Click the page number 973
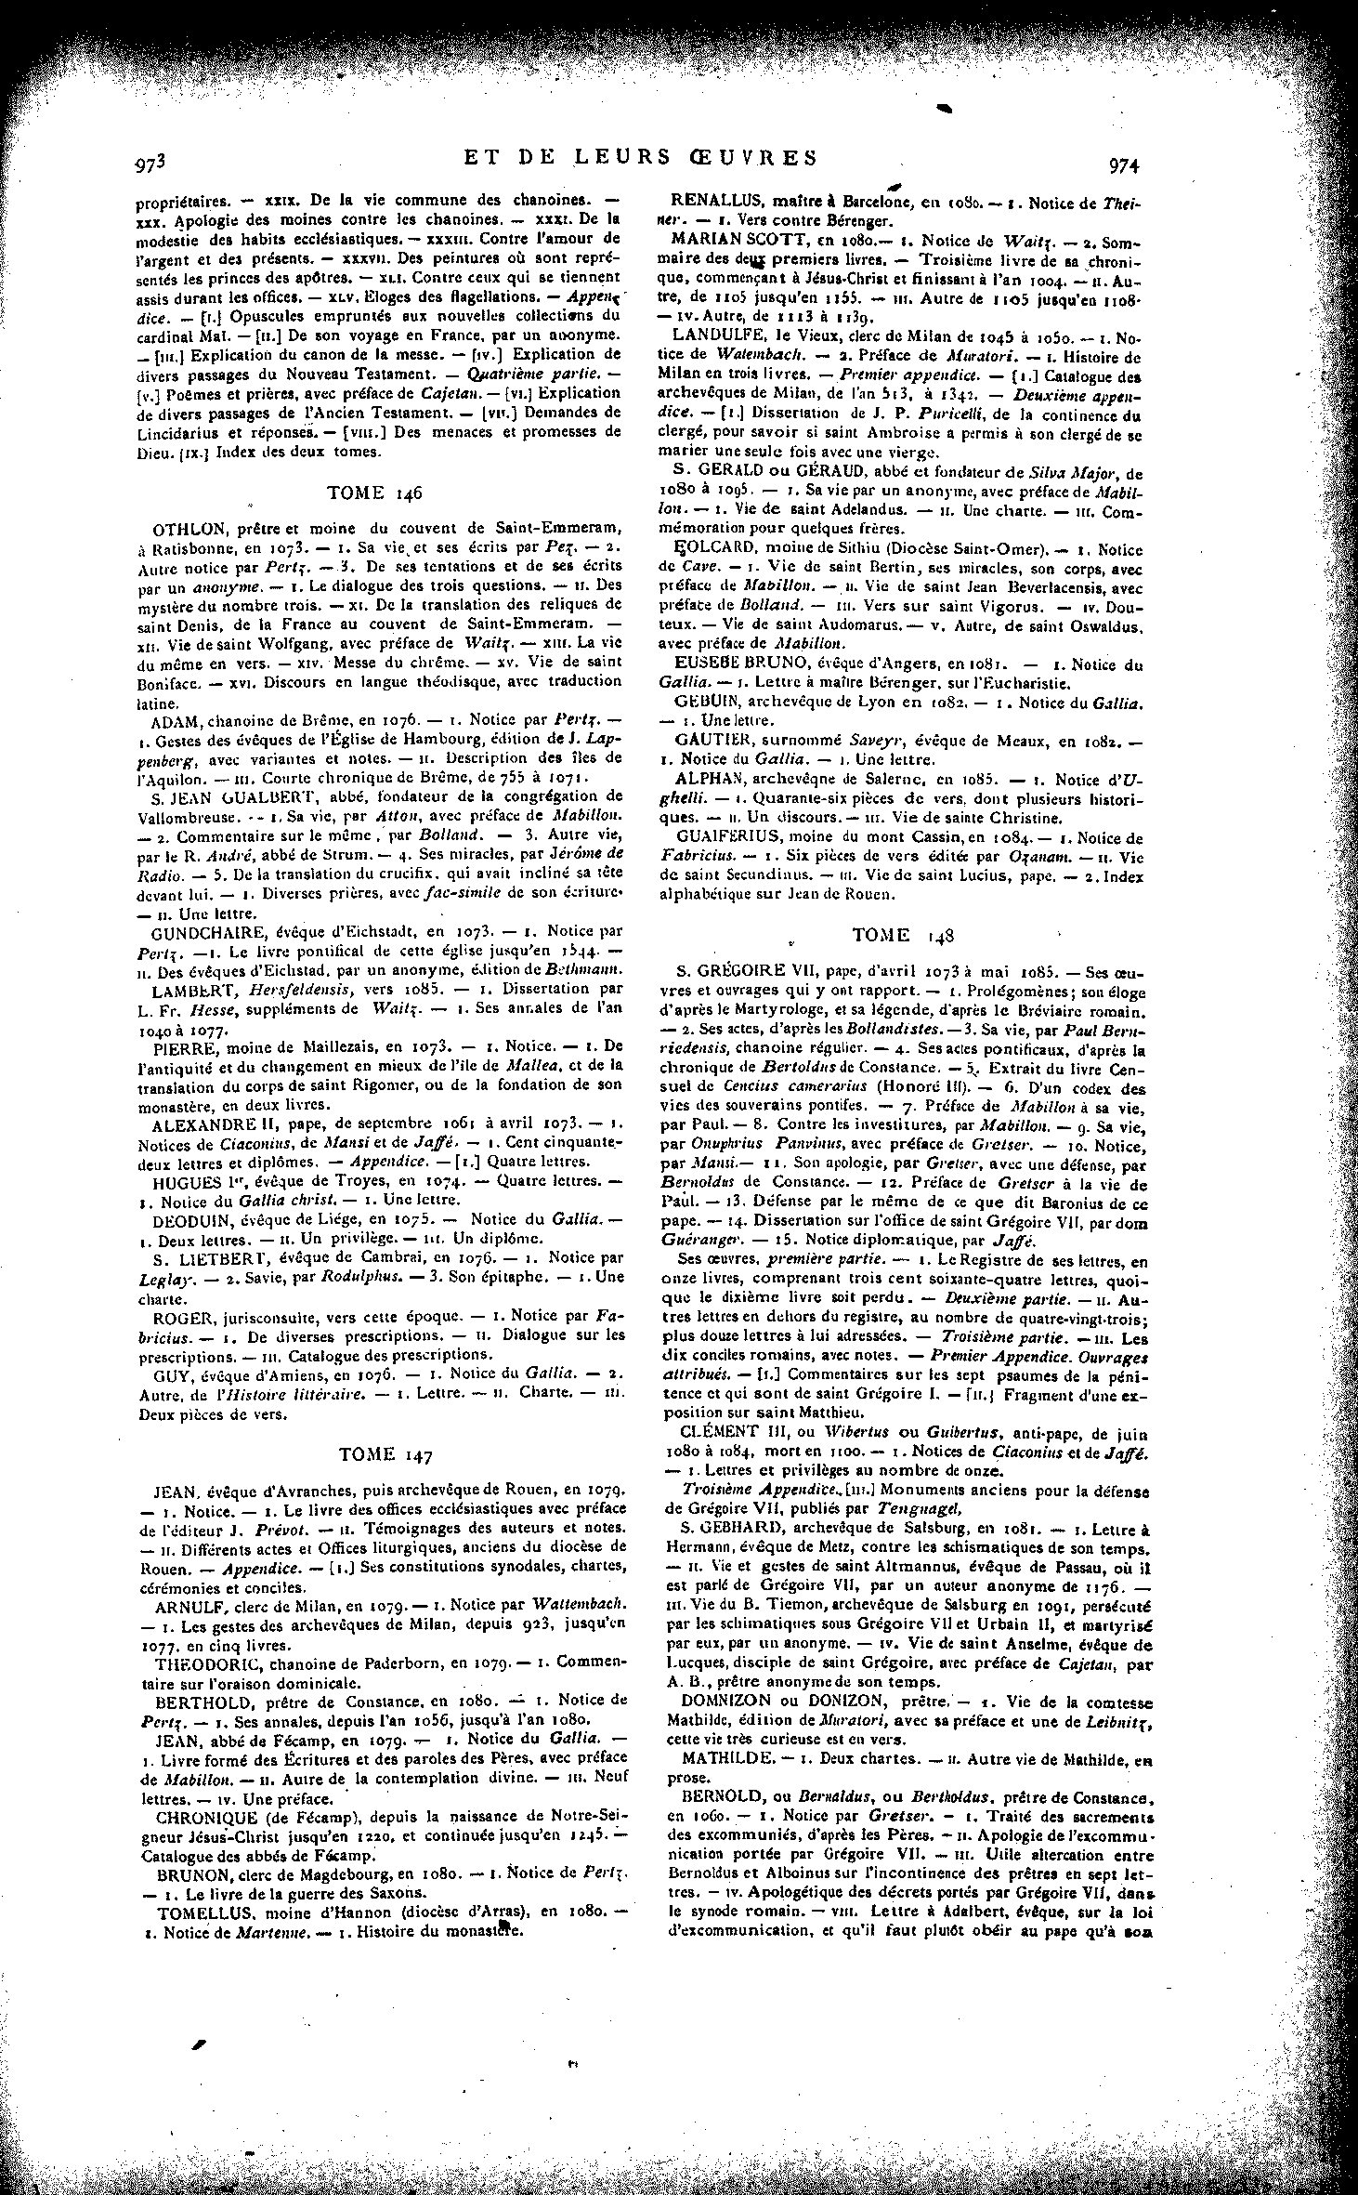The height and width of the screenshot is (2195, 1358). [x=150, y=164]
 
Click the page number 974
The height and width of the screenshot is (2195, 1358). [x=1124, y=165]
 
